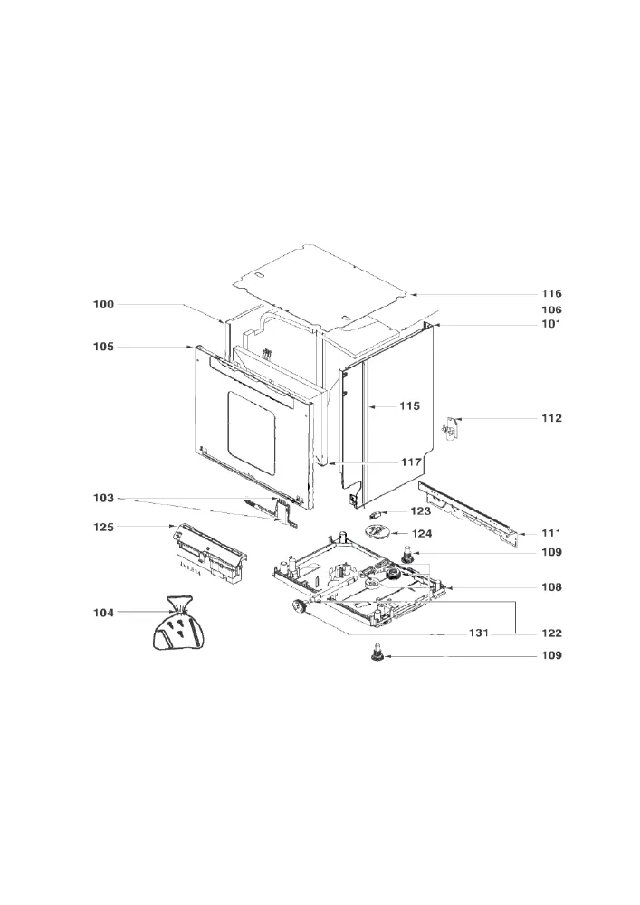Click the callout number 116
551,294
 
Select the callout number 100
104,304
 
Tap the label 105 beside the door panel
104,347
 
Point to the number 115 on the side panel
410,406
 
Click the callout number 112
551,418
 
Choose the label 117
411,462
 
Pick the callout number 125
104,527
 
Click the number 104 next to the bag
104,613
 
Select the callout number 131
479,633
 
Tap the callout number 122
551,633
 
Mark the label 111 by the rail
551,533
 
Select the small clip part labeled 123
373,514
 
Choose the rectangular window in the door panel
251,433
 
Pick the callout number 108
551,587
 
